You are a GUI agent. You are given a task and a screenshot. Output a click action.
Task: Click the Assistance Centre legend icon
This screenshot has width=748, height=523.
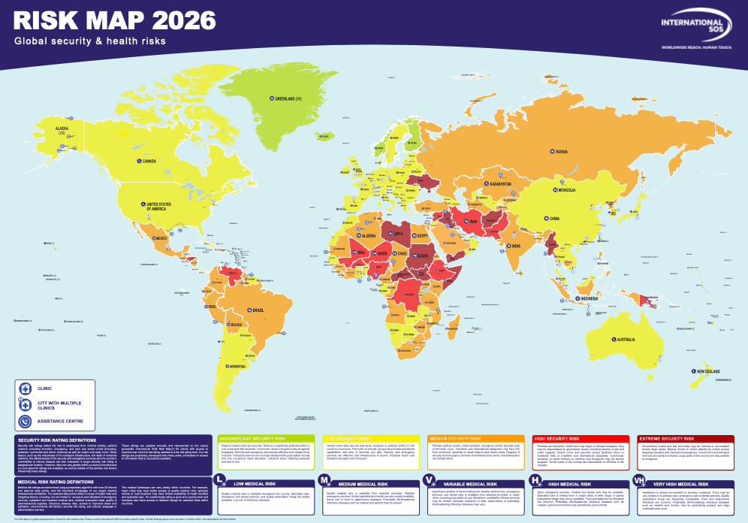(x=26, y=422)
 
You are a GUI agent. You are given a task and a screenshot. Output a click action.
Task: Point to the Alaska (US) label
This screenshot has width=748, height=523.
(x=57, y=132)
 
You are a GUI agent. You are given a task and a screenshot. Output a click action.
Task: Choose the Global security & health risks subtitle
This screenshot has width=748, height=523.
(x=87, y=42)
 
